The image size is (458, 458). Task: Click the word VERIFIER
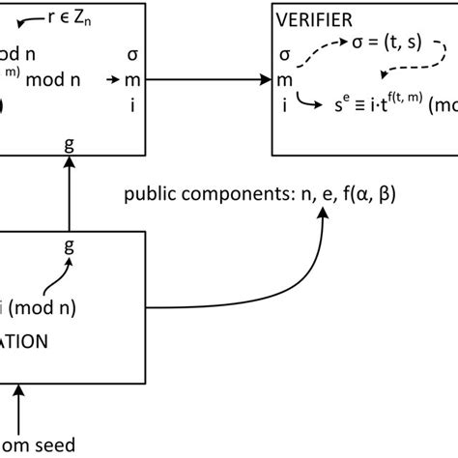tap(313, 18)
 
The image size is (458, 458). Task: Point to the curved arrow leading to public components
tap(242, 280)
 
